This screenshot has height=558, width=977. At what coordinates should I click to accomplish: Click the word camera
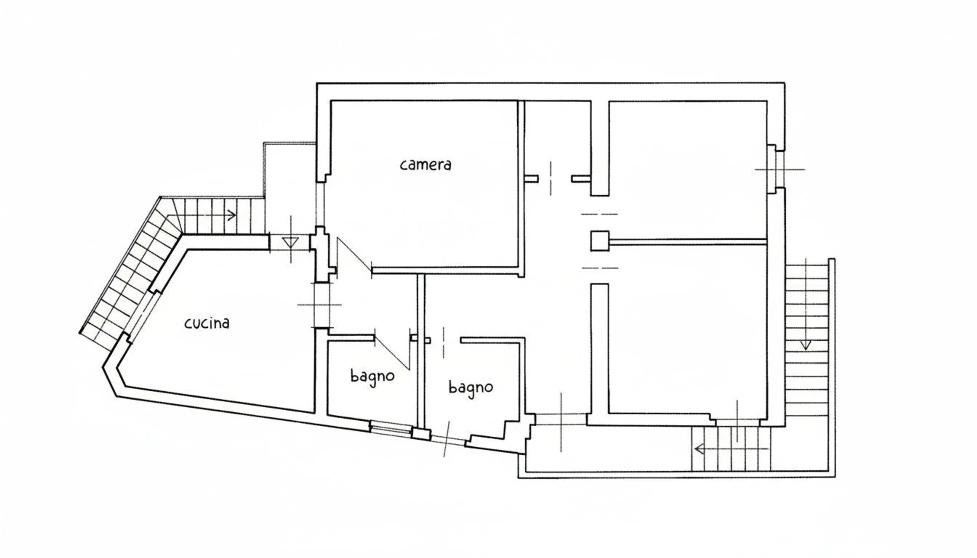click(425, 165)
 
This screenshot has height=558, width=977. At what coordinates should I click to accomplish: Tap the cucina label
click(207, 323)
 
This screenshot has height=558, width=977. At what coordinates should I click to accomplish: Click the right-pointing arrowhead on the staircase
click(232, 215)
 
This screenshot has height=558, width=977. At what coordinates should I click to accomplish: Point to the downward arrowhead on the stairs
click(805, 345)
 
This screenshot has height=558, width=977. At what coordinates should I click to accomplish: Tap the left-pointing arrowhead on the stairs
click(699, 449)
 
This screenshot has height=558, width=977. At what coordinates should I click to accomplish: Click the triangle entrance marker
click(290, 243)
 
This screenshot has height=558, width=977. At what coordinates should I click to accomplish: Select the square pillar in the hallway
click(600, 241)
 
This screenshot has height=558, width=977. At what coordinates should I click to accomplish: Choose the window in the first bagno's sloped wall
click(390, 428)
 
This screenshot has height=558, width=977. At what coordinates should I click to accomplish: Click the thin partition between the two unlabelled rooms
click(688, 241)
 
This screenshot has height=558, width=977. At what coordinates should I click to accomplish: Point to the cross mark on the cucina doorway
click(320, 305)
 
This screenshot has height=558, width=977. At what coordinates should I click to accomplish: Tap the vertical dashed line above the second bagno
click(444, 342)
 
